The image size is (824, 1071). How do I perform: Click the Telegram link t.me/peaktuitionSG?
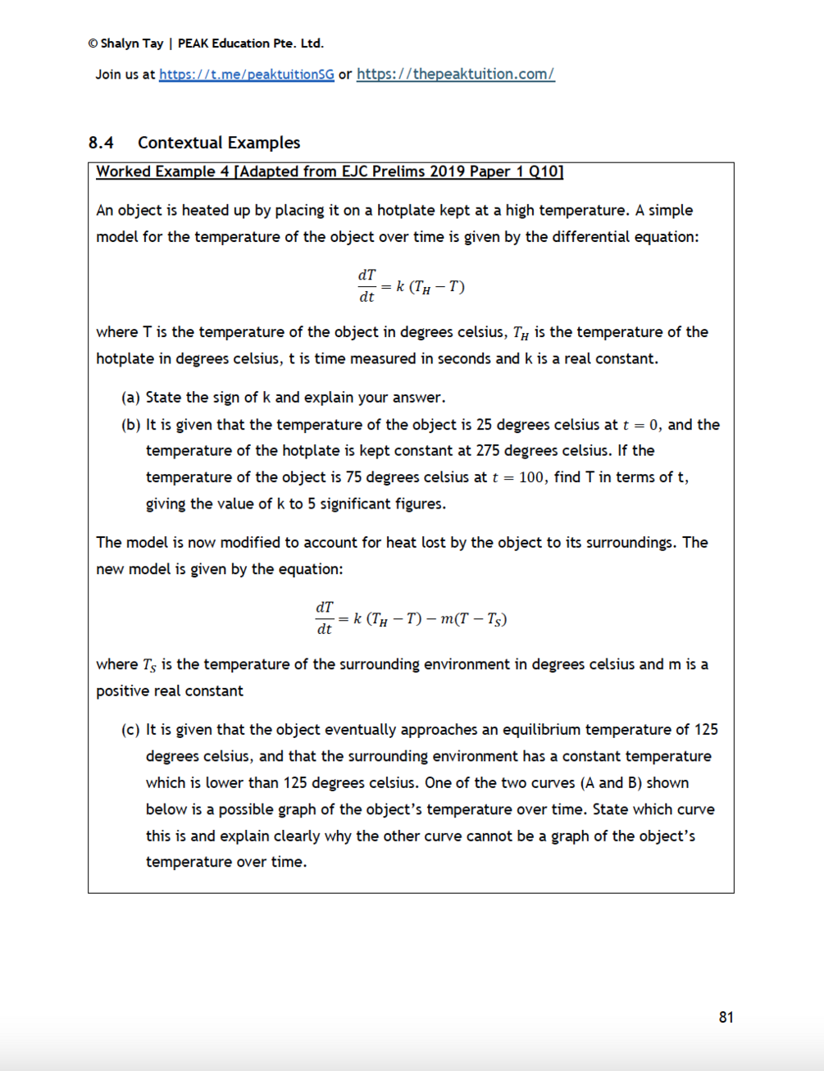click(246, 74)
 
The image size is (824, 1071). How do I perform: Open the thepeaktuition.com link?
click(455, 74)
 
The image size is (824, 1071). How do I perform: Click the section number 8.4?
click(101, 143)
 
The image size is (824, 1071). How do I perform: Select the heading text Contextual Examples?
click(219, 143)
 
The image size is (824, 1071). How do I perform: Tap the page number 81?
click(726, 1017)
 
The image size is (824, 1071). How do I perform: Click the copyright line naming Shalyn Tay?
click(206, 43)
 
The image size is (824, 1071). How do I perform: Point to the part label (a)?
click(130, 398)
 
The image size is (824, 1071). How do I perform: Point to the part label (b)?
click(130, 425)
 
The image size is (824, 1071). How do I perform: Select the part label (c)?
click(130, 730)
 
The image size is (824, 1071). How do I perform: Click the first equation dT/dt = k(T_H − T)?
click(411, 286)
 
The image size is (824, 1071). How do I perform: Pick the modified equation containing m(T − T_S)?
click(411, 618)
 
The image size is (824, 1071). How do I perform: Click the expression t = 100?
click(517, 477)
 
